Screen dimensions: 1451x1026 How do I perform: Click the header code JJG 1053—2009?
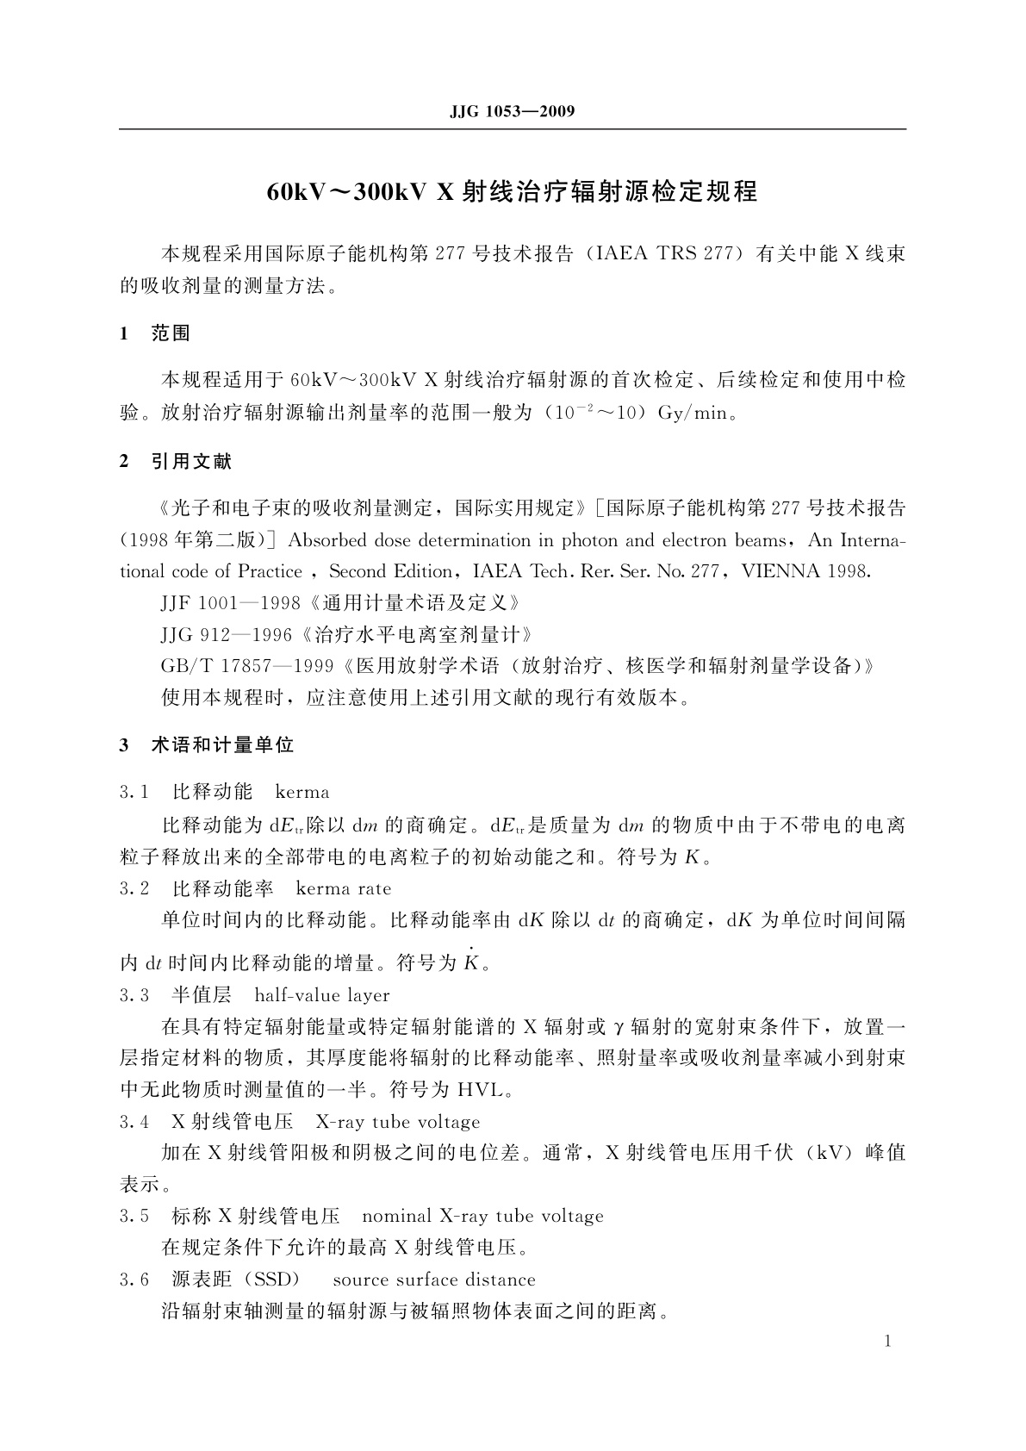[512, 111]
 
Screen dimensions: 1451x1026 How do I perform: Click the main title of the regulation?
[512, 191]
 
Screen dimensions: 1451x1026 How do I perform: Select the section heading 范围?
[171, 333]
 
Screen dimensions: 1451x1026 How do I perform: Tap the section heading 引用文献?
[191, 462]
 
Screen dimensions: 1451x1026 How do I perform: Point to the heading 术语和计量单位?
[222, 745]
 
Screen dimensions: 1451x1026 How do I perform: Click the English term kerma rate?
[343, 888]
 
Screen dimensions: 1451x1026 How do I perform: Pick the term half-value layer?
[322, 995]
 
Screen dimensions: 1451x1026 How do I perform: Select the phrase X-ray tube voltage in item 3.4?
[398, 1122]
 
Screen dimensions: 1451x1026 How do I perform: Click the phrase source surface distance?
[434, 1280]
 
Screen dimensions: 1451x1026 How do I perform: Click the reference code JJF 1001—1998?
[231, 603]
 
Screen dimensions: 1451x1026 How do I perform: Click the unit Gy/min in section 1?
[693, 413]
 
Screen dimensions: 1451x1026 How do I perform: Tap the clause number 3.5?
[134, 1216]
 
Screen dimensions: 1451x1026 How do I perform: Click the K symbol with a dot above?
[470, 962]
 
